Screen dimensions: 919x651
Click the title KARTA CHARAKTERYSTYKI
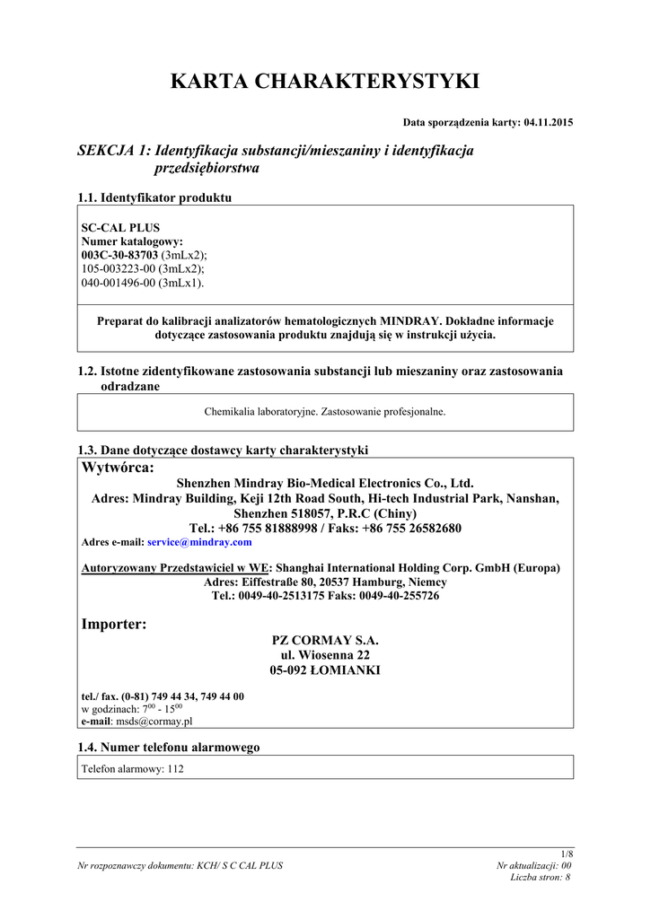tap(325, 82)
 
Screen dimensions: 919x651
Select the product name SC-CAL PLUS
tap(120, 228)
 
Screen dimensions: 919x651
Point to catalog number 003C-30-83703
tap(119, 255)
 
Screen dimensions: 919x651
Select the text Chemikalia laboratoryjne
tap(261, 412)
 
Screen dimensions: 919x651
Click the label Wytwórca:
tap(118, 468)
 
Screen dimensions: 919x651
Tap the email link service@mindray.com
tap(199, 542)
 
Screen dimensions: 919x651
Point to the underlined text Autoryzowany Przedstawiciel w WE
tap(176, 568)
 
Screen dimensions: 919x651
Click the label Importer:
tap(114, 624)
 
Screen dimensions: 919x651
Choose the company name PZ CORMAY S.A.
tap(325, 641)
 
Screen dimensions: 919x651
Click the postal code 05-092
tap(290, 670)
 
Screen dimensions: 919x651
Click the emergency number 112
tap(174, 768)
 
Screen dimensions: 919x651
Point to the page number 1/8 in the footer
tap(566, 853)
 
